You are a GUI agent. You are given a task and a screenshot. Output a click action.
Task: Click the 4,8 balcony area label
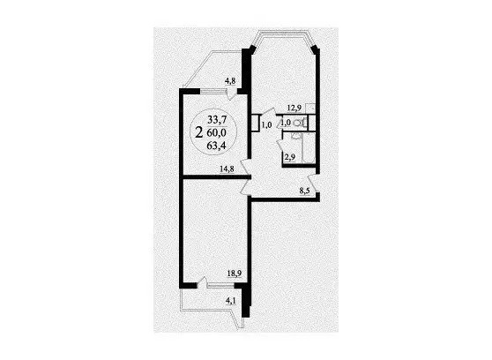(x=230, y=81)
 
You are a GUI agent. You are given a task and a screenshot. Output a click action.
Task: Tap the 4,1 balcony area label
(x=231, y=301)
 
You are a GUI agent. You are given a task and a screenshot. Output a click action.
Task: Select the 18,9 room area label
(x=234, y=274)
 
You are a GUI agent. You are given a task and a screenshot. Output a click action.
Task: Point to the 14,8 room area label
(x=227, y=169)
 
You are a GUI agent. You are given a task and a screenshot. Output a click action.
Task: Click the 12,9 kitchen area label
(x=294, y=108)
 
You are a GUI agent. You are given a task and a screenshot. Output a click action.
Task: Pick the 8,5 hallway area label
(x=304, y=191)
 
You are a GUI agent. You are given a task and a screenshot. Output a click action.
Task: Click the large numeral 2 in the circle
(x=199, y=133)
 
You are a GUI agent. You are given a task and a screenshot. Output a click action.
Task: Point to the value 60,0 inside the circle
(x=217, y=133)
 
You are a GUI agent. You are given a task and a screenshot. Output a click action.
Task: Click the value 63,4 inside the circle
(x=217, y=146)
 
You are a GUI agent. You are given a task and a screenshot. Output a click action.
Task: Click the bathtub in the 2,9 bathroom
(x=309, y=147)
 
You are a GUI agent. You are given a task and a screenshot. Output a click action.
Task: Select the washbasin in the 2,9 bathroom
(x=295, y=136)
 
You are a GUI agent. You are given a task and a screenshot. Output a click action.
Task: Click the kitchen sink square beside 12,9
(x=310, y=108)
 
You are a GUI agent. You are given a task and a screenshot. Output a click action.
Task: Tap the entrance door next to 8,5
(x=312, y=183)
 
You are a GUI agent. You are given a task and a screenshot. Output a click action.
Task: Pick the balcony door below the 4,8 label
(x=232, y=94)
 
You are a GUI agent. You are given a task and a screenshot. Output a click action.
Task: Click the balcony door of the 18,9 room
(x=203, y=282)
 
